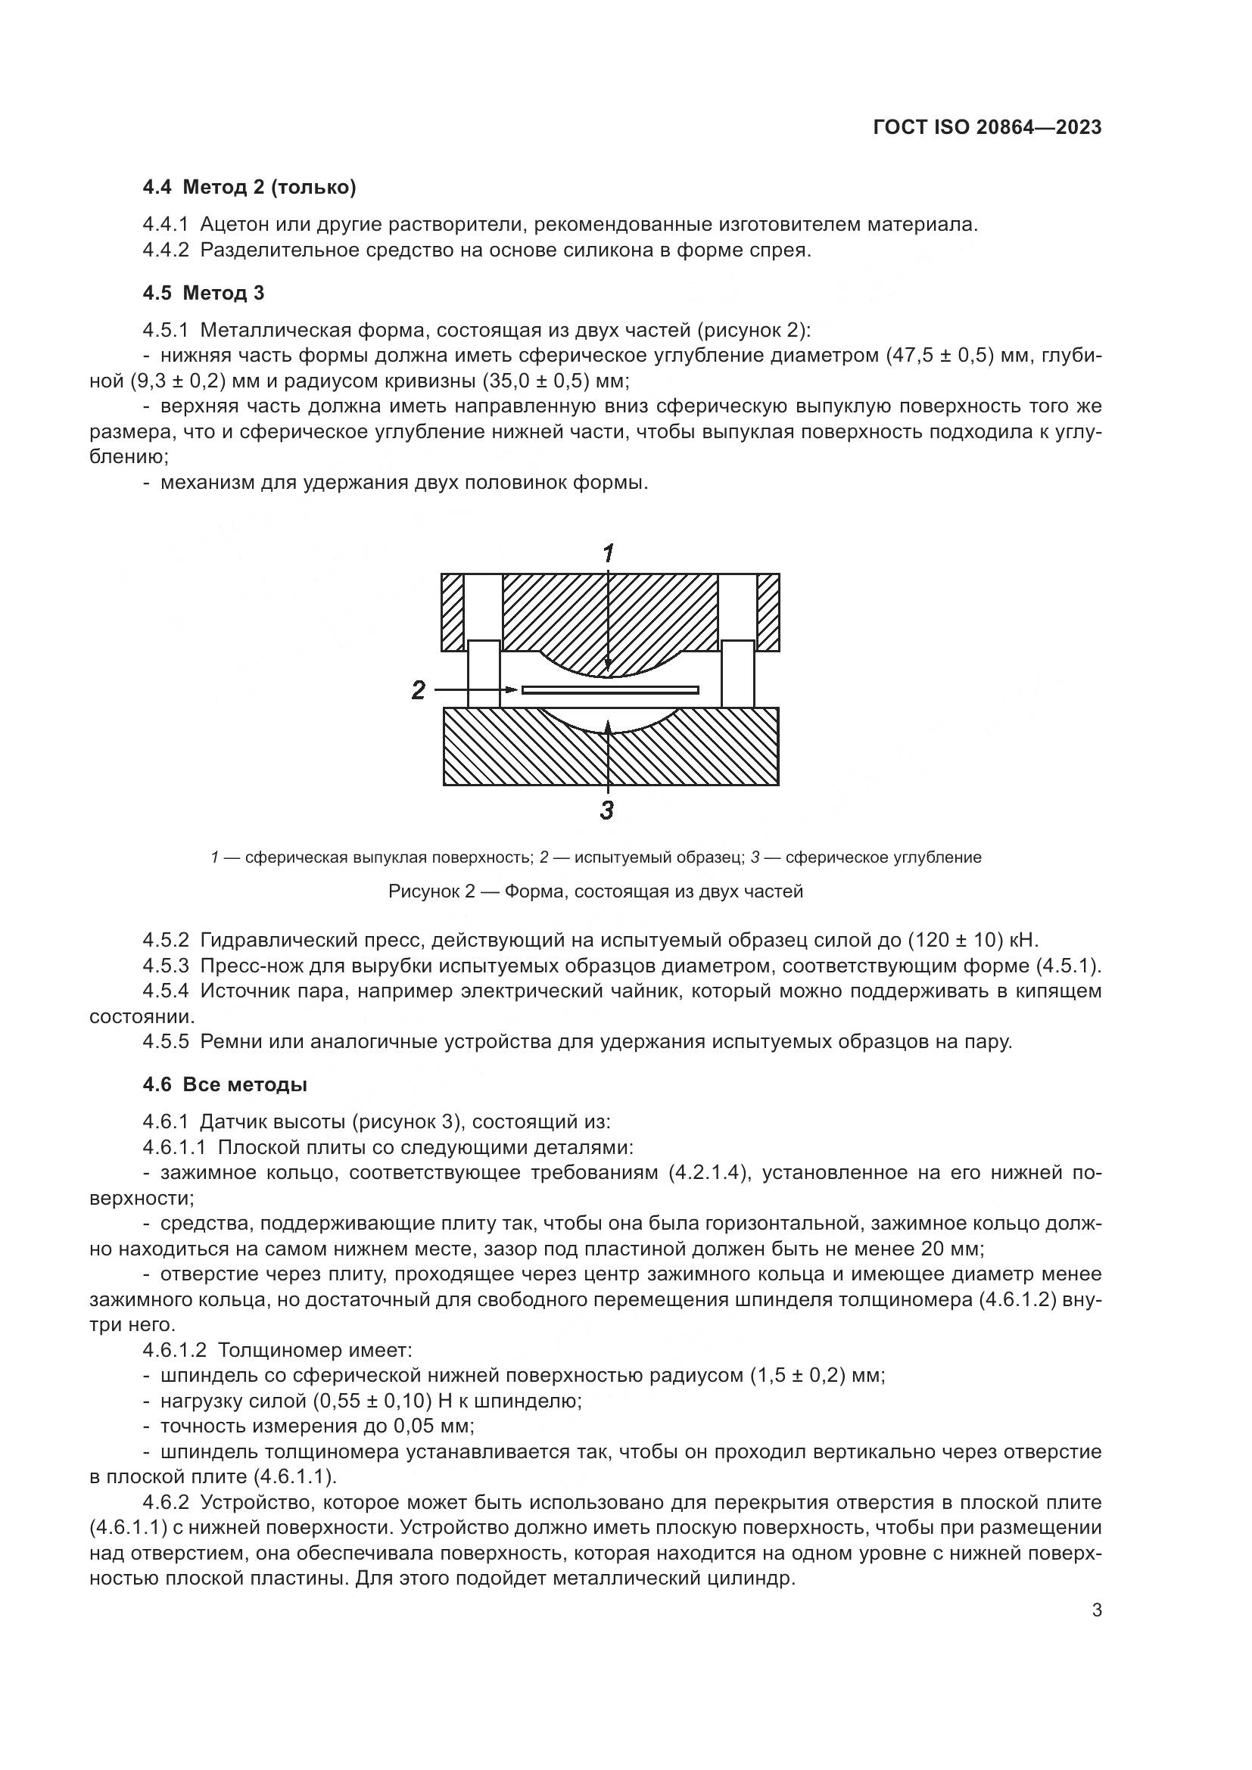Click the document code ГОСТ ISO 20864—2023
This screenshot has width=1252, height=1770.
[x=987, y=127]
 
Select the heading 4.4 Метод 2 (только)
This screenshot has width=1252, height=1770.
[x=249, y=188]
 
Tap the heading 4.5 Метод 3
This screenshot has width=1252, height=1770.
[x=204, y=293]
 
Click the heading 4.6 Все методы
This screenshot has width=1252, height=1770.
[x=225, y=1084]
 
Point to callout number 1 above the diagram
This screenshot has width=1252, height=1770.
[x=609, y=552]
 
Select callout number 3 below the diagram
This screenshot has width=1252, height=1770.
[x=608, y=810]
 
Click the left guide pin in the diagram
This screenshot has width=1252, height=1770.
[x=484, y=673]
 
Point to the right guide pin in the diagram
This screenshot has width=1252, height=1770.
[x=738, y=673]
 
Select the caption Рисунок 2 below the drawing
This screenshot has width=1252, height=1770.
[x=595, y=892]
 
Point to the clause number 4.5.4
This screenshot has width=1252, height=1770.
[x=166, y=991]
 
